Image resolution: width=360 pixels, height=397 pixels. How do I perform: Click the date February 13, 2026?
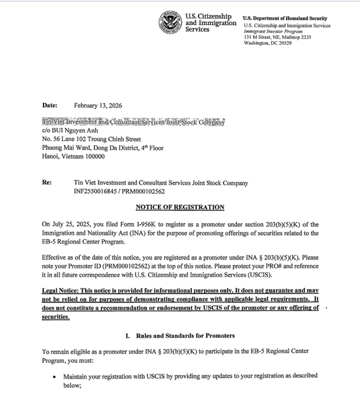(98, 105)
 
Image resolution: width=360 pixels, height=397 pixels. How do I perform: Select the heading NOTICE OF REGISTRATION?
(180, 207)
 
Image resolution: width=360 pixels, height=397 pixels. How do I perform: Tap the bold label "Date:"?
(50, 105)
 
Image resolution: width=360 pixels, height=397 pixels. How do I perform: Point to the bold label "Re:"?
(47, 183)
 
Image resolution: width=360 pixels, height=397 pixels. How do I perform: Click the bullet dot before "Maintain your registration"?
(55, 377)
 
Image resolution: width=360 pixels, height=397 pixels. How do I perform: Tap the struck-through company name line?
(133, 122)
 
